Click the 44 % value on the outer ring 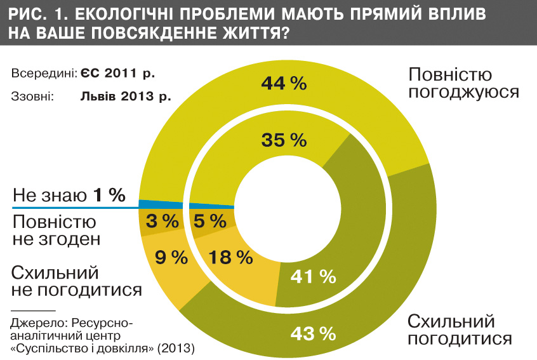284,83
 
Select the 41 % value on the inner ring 312,276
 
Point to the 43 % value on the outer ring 312,332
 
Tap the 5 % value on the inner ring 209,222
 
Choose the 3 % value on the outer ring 162,222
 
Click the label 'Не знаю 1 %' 69,196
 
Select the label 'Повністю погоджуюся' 463,83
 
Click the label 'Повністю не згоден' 56,230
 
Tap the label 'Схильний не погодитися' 76,281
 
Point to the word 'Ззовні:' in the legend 32,97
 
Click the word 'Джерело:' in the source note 34,323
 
